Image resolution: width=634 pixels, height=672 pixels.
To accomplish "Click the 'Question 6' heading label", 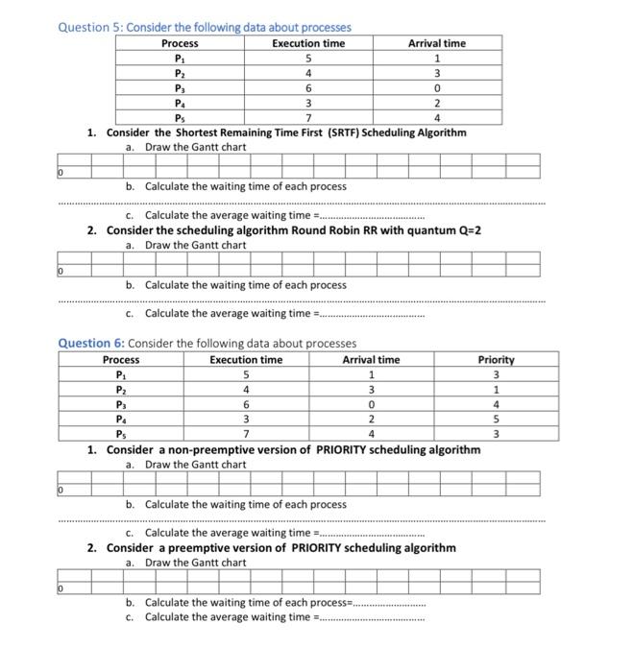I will (92, 343).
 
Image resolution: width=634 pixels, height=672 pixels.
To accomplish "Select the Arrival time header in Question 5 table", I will (436, 43).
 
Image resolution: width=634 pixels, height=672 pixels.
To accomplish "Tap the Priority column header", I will (496, 360).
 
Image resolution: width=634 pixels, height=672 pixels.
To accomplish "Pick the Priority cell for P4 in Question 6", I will (496, 420).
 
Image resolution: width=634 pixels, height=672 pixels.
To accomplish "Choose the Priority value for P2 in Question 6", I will (496, 390).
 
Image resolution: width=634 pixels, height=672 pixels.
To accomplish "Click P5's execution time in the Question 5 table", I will (307, 118).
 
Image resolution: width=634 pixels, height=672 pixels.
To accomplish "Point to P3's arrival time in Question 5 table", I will (436, 87).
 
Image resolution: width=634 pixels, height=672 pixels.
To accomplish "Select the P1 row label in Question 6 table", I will (120, 374).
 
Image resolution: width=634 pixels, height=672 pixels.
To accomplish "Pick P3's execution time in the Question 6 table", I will (246, 404).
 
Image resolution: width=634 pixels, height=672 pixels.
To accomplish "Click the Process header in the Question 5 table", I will (180, 43).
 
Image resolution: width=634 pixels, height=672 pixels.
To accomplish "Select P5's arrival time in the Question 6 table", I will (371, 434).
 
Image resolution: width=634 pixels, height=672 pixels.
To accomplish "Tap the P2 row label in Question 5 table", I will (180, 73).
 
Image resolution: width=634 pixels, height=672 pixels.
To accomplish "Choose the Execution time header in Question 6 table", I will (246, 360).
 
